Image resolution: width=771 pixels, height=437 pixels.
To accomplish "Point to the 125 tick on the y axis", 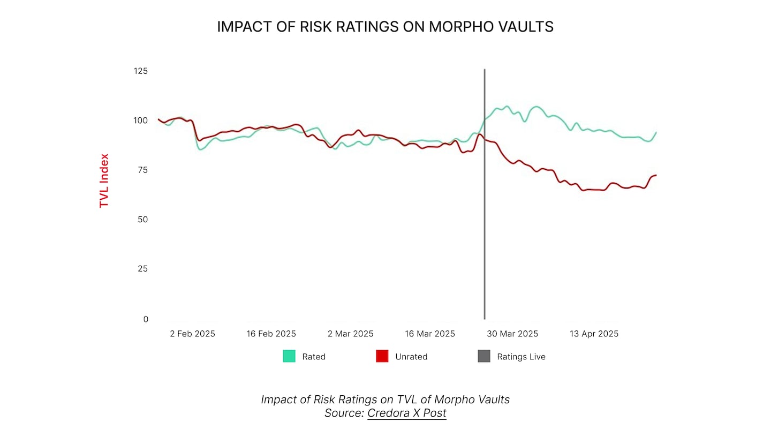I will click(140, 71).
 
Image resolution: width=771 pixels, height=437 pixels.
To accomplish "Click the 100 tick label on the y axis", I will click(140, 120).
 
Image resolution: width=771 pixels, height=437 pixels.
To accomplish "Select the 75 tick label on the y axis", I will click(142, 170).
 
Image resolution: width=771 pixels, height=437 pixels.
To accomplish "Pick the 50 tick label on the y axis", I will click(142, 220).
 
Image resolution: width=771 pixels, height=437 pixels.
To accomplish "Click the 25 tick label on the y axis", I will click(142, 269).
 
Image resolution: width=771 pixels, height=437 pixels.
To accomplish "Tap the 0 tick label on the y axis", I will click(145, 319).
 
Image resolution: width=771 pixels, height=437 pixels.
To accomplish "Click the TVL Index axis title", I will click(104, 180).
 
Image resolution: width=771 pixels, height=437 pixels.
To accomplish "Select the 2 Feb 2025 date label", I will click(192, 334).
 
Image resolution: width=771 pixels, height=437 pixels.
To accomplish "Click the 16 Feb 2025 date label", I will click(271, 334).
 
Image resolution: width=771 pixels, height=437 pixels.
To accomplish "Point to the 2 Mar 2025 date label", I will click(350, 334).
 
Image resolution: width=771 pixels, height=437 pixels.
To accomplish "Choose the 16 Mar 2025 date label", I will click(429, 334).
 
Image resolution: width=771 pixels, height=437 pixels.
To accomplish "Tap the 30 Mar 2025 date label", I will click(512, 334).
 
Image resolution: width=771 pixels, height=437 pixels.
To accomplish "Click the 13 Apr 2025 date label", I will click(593, 334).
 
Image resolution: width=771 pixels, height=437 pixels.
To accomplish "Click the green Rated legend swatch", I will click(289, 356).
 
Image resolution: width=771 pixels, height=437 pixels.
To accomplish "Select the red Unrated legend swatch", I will click(382, 356).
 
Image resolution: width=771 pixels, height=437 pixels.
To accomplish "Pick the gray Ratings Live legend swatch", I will click(484, 356).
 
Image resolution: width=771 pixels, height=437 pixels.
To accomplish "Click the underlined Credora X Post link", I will click(406, 413).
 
